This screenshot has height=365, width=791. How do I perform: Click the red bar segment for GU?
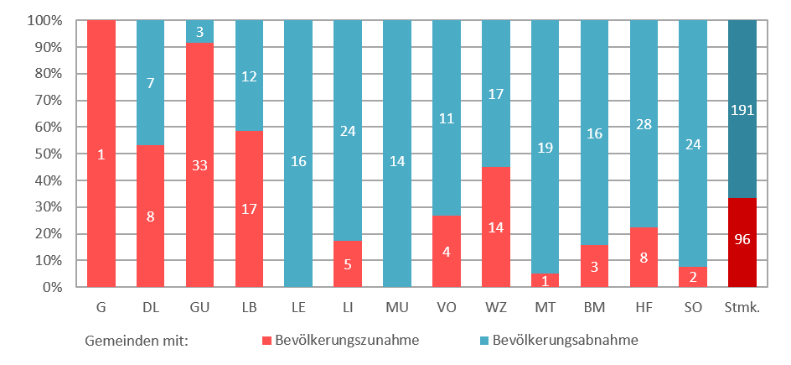(x=199, y=164)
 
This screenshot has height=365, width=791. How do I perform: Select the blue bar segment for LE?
(x=298, y=154)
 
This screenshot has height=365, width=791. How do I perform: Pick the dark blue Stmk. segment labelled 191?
(x=742, y=109)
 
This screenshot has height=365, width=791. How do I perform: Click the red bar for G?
(x=101, y=154)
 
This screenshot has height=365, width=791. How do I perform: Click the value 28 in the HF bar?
(x=644, y=101)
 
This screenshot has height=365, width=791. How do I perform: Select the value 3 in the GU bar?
(x=199, y=32)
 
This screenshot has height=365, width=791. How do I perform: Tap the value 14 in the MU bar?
(x=397, y=154)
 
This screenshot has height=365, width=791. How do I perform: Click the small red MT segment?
(x=545, y=280)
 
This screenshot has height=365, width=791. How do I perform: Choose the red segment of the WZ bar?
(x=496, y=227)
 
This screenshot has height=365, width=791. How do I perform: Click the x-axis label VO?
(x=447, y=307)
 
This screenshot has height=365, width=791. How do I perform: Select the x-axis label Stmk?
(x=742, y=307)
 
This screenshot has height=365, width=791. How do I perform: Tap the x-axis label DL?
(x=150, y=307)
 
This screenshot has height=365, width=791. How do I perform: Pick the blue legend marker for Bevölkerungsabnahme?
(x=484, y=341)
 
